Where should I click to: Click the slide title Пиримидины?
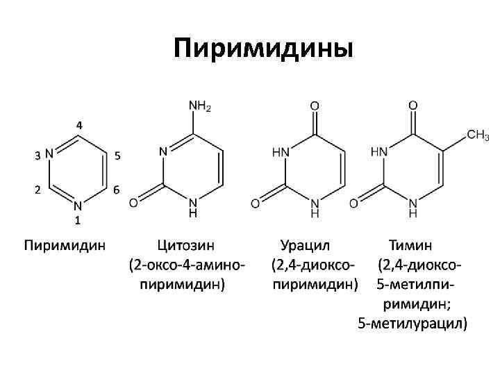point(264,49)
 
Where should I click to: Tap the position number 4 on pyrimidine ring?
point(79,126)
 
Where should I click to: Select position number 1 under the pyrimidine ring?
point(78,220)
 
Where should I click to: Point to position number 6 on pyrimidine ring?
point(116,189)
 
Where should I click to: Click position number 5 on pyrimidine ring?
point(117,156)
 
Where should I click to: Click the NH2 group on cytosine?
point(200,107)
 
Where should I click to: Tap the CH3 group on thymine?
point(477,134)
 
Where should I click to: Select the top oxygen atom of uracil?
point(315,107)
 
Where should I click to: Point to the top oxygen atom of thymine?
point(412,107)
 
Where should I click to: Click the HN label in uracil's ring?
point(281,151)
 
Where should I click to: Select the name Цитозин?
point(185,245)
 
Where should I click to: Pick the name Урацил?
point(306,245)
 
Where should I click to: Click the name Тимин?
point(411,245)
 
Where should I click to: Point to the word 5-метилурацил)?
point(412,323)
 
